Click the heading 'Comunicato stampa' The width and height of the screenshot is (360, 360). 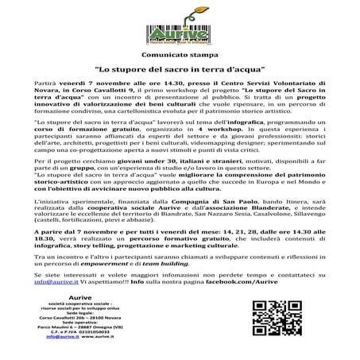tap(180, 58)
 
